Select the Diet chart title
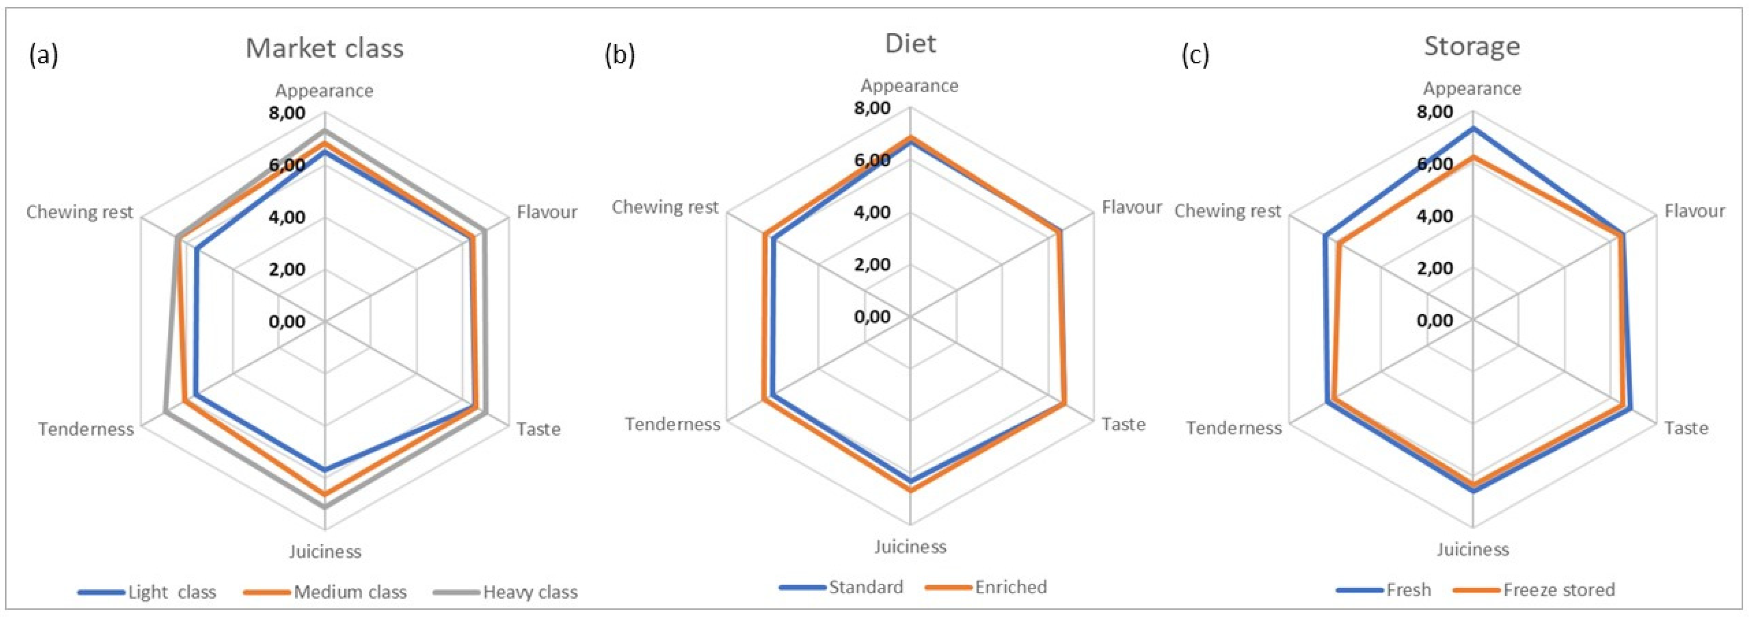click(910, 43)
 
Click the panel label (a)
click(43, 54)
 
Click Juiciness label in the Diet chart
click(910, 546)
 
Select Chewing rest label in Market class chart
click(79, 212)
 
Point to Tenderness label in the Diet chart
click(672, 424)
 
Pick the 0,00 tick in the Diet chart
click(872, 316)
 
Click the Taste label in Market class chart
click(538, 429)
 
